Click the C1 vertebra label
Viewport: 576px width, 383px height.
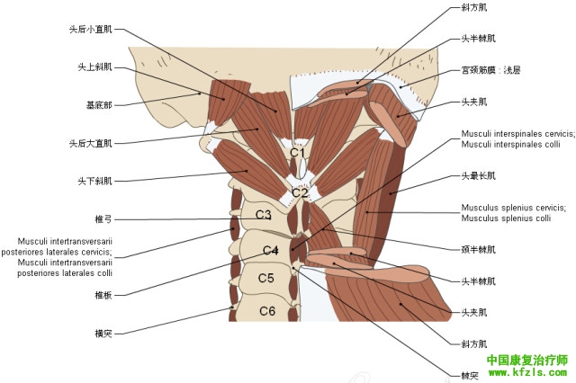[x=297, y=153]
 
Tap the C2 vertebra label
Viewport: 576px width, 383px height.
[x=299, y=192]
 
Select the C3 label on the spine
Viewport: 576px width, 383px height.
[x=263, y=215]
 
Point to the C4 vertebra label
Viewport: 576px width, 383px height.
[x=271, y=249]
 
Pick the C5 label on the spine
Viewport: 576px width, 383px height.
[x=265, y=278]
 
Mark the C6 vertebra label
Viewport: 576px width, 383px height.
[x=267, y=311]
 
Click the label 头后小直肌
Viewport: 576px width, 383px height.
[x=93, y=29]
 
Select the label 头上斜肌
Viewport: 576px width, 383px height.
[x=95, y=67]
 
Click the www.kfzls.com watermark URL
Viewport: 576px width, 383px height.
[x=526, y=371]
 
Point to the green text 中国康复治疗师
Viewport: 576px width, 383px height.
[x=526, y=360]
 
